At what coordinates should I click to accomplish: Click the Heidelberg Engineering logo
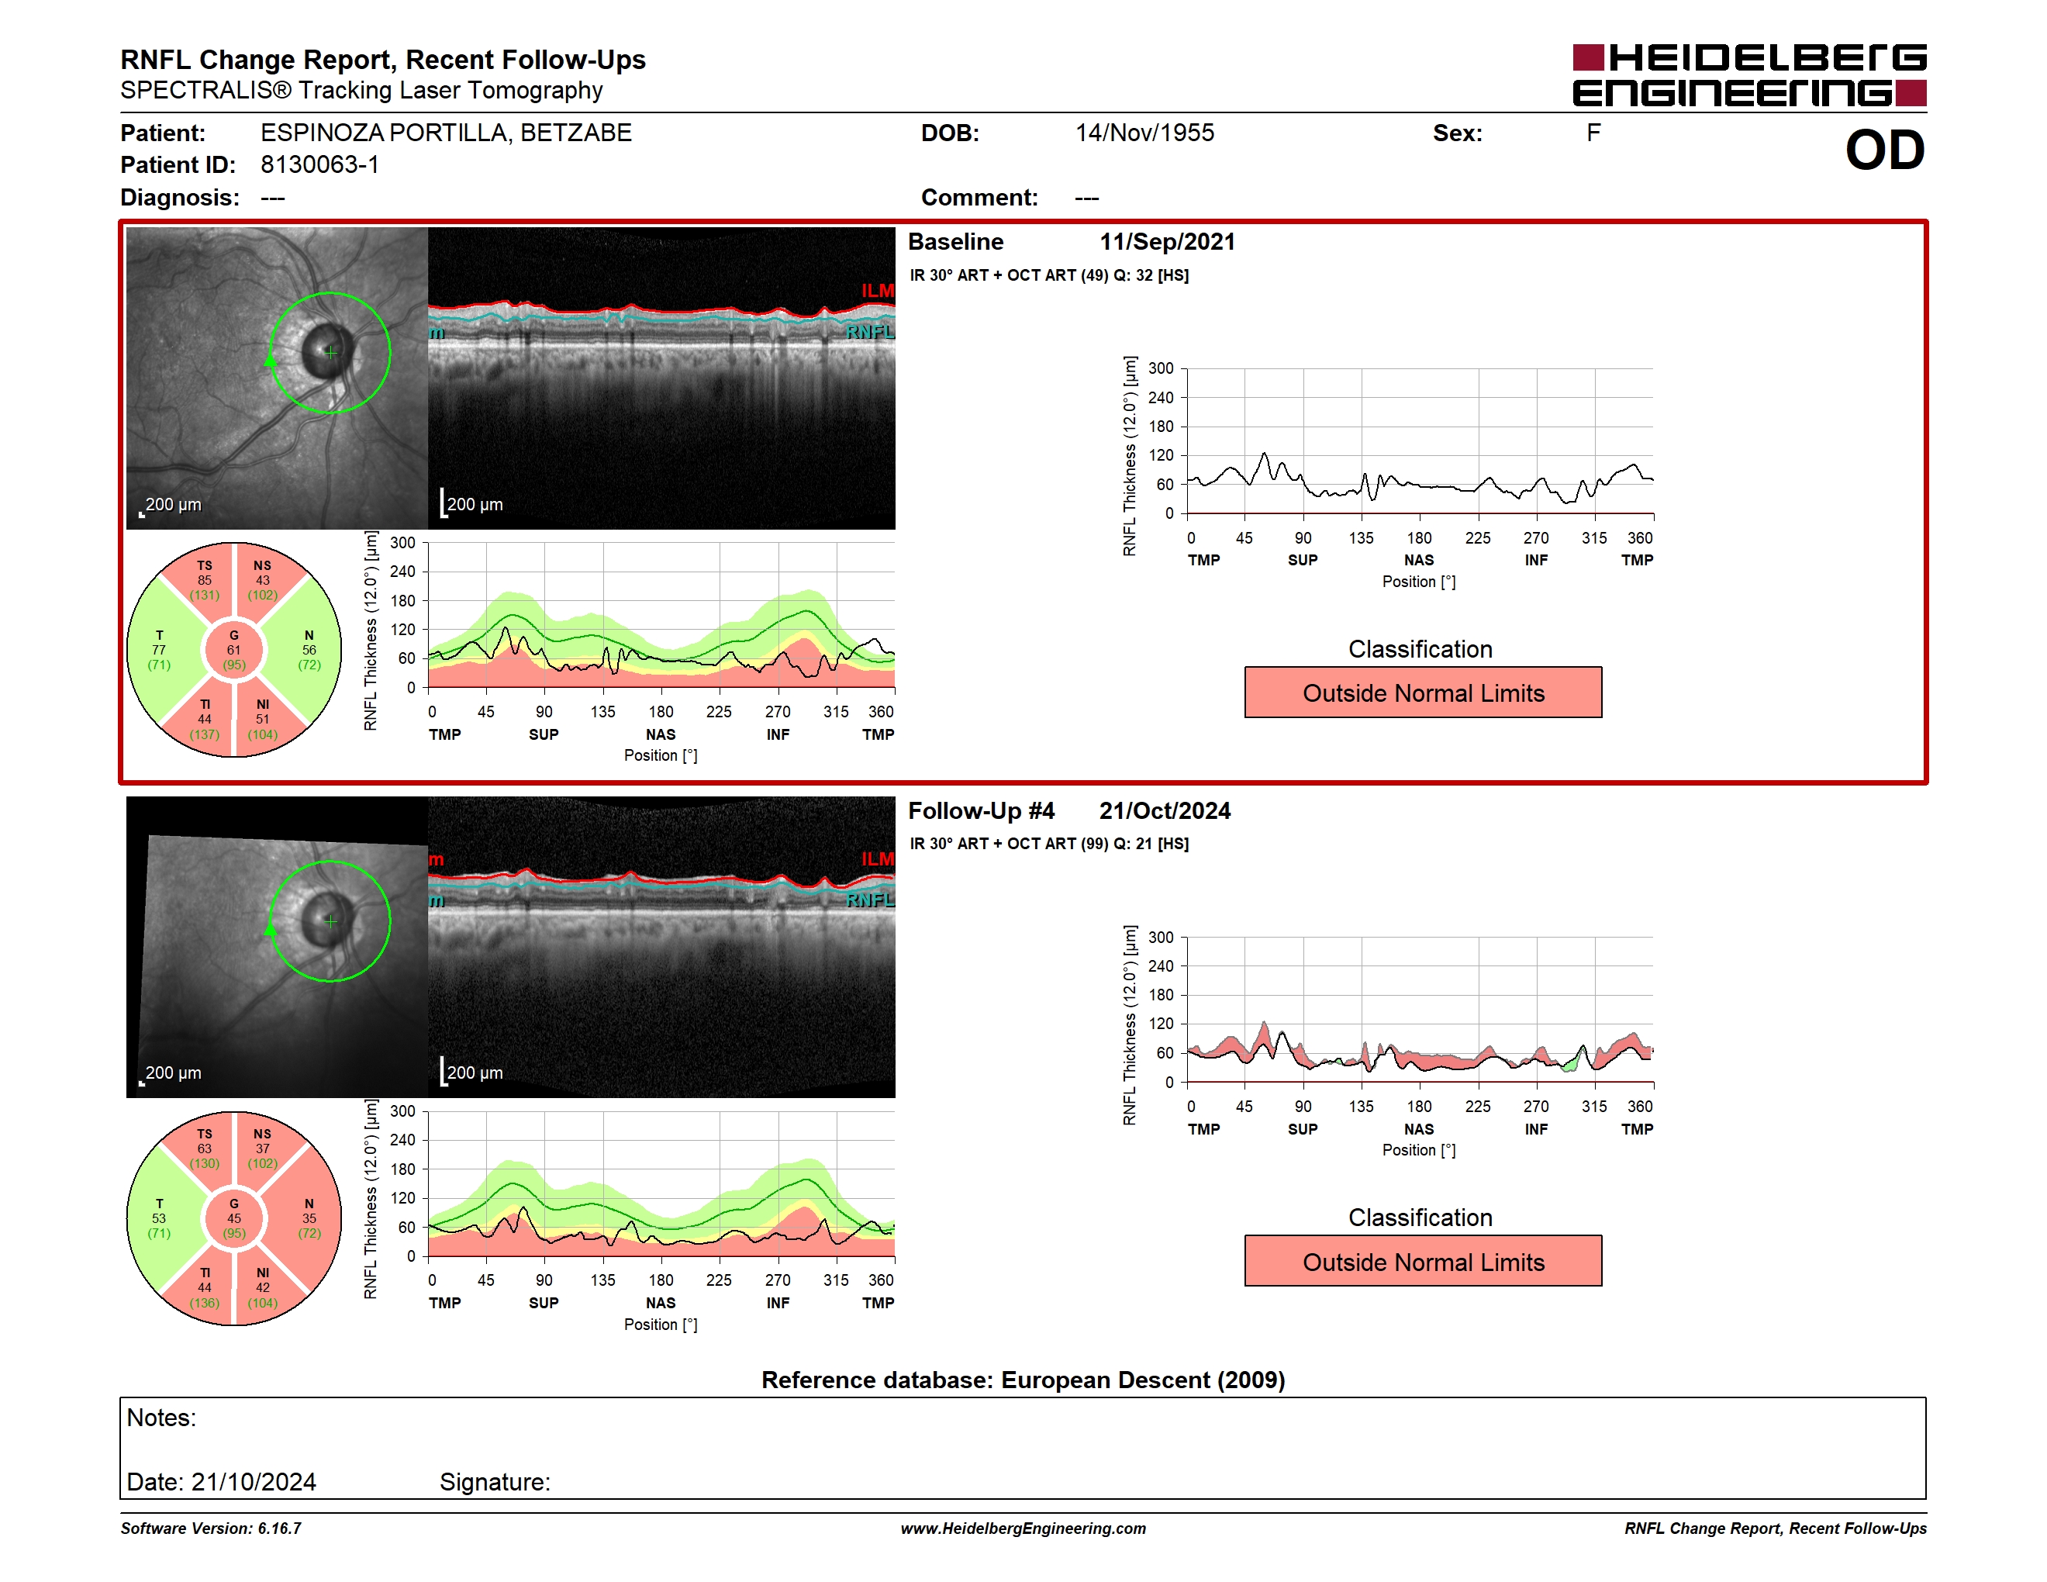tap(1749, 75)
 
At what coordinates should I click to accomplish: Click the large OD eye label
tap(1885, 151)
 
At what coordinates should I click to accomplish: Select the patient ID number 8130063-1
tap(319, 165)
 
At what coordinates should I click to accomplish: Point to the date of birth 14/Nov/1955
tap(1144, 133)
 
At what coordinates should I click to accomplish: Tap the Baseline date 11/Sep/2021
tap(1167, 242)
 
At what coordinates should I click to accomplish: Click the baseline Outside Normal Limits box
tap(1423, 693)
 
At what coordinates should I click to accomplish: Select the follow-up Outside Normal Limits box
tap(1423, 1262)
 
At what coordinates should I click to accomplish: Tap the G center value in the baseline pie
tap(233, 650)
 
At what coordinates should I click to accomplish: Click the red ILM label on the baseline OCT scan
tap(877, 291)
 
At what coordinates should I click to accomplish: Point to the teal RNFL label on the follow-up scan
tap(870, 900)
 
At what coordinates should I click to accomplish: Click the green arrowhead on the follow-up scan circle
tap(270, 927)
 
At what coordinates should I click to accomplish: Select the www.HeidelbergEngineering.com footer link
tap(1023, 1528)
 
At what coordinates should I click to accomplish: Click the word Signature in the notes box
tap(495, 1482)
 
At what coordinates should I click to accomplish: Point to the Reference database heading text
tap(1023, 1380)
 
